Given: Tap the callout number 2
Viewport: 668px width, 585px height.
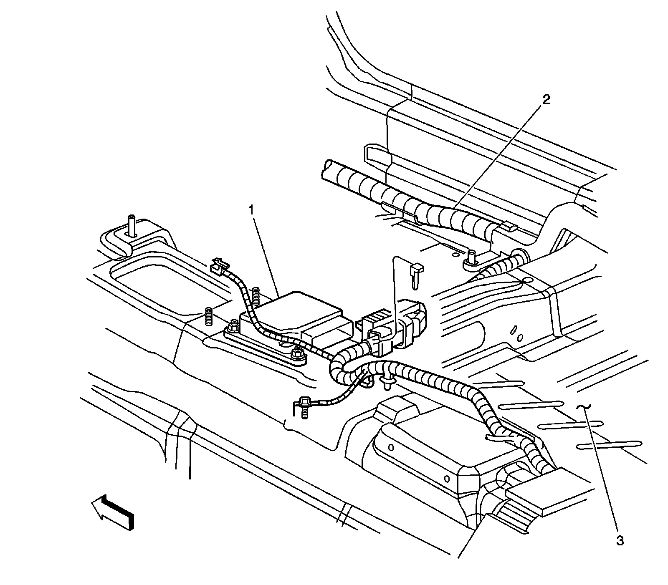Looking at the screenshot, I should pyautogui.click(x=546, y=99).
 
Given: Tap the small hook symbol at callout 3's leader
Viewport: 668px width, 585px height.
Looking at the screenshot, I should pyautogui.click(x=583, y=407).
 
